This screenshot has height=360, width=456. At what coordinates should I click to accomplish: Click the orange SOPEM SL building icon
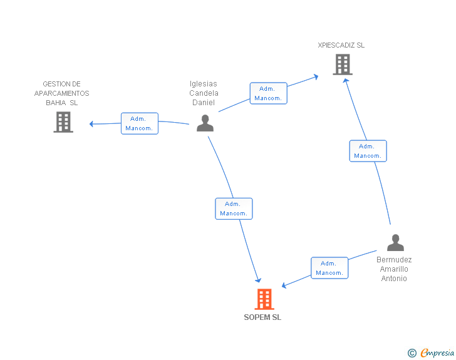264,299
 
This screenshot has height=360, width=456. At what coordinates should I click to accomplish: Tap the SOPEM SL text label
262,317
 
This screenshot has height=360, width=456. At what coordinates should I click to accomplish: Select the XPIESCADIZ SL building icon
342,64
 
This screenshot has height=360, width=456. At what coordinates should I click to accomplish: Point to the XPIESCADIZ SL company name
341,45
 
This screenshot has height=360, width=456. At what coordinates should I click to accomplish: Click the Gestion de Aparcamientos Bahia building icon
63,122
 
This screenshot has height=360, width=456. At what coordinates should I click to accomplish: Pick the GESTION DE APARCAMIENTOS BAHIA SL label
61,93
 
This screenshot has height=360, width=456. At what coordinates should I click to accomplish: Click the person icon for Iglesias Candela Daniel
205,123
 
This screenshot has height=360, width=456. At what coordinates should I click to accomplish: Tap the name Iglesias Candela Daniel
204,93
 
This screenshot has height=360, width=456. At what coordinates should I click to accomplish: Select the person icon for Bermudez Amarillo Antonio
395,243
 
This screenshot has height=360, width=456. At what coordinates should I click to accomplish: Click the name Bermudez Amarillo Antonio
394,269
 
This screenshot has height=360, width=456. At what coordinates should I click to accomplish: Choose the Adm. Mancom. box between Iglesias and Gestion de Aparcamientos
139,123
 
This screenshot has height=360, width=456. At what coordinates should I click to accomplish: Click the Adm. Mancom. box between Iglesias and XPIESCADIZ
268,93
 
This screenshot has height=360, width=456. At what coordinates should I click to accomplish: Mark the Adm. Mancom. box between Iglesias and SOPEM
234,208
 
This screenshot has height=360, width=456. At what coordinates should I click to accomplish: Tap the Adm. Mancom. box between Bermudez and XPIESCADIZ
368,151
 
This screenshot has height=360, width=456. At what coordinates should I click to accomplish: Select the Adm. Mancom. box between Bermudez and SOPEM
329,268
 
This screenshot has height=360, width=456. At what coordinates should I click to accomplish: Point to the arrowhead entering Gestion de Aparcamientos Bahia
92,124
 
